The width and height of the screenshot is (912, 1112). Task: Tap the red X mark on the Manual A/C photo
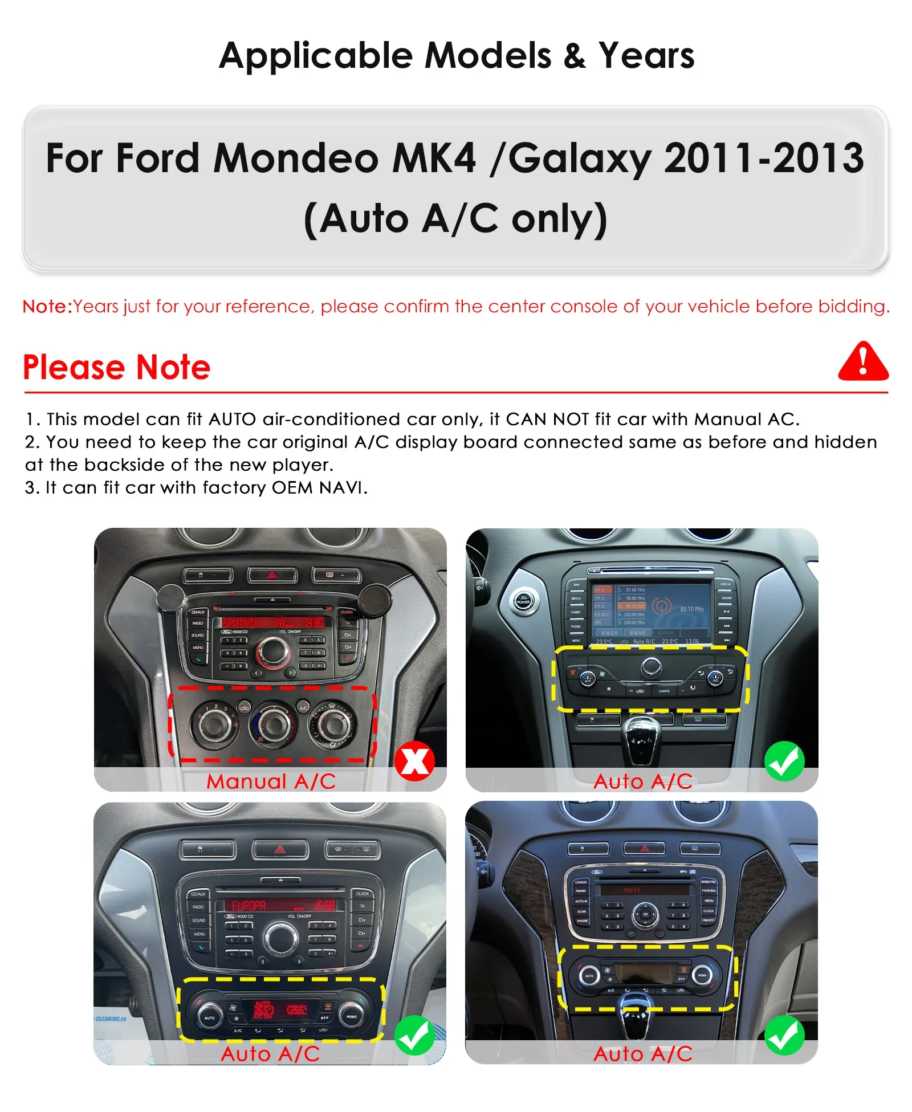pos(414,761)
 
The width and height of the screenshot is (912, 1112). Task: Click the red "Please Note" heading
pos(117,367)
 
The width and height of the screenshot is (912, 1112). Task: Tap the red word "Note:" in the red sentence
pos(47,307)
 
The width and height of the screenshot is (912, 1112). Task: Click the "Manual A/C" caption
pos(271,781)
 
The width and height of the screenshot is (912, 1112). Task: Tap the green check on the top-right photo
pos(784,761)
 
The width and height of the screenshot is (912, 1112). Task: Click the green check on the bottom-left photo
pos(414,1035)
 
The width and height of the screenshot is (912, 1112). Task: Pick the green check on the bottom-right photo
pos(784,1035)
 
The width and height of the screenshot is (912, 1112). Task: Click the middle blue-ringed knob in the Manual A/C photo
pos(273,724)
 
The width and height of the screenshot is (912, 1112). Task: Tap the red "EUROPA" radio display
pos(249,906)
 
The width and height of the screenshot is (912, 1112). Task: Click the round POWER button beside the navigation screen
pos(523,601)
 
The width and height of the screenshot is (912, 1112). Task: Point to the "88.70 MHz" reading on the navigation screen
pos(691,609)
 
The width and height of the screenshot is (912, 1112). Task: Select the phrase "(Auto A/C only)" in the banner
pos(455,219)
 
